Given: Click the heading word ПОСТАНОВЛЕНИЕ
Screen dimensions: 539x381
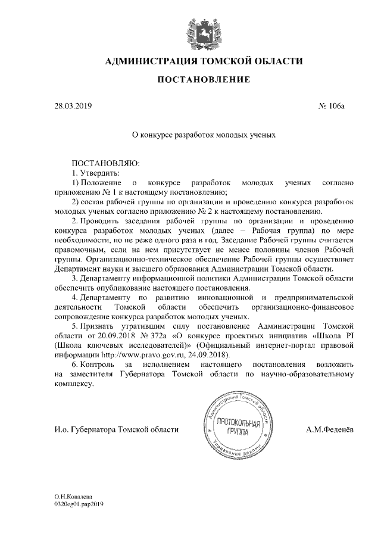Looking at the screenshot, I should tap(204, 80).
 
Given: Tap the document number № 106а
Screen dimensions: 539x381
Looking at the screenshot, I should tap(337, 107).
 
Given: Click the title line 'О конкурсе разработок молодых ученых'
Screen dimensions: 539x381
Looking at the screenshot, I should tap(204, 135).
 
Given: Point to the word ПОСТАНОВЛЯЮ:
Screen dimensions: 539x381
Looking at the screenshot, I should tap(105, 163).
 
